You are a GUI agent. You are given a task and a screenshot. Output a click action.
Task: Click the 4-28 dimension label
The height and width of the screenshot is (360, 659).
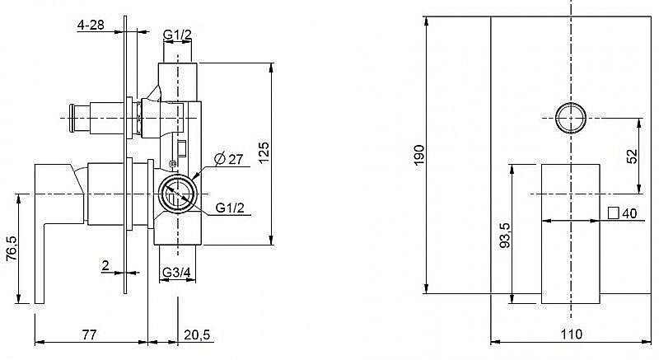pos(91,25)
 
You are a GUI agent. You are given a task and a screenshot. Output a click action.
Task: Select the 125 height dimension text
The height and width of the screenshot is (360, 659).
pos(264,153)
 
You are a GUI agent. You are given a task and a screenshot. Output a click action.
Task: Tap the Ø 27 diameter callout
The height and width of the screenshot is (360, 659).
pos(229,159)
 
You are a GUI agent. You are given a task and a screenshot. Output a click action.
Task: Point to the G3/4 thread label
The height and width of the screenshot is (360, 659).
pos(176,273)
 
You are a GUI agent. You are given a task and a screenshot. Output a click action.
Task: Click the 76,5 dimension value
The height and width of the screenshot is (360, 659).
pos(12,248)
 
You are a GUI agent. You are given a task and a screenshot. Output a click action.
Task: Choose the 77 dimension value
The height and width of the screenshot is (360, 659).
pos(89,334)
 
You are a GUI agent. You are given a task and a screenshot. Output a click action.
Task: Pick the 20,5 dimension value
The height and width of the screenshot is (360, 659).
pos(197,334)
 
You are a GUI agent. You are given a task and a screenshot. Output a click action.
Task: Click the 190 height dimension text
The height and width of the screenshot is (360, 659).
pos(419,155)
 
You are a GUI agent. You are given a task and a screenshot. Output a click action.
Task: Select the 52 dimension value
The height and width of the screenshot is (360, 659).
pos(632,156)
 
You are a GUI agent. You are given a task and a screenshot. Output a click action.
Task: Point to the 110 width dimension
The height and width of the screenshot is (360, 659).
pos(572,334)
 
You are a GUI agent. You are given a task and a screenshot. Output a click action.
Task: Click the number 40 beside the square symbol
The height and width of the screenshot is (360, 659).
pos(629,213)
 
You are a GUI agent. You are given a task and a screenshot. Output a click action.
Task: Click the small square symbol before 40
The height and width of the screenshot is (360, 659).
pos(613,213)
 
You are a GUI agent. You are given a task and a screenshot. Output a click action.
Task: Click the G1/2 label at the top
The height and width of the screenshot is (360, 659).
pos(177,35)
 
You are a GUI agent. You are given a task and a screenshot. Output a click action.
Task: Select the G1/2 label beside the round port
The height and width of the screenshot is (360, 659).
pos(230,208)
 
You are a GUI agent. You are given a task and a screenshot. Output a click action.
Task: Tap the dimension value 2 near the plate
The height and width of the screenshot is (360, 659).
pos(105,265)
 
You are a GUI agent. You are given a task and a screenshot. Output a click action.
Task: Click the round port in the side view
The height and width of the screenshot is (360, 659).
pos(177,194)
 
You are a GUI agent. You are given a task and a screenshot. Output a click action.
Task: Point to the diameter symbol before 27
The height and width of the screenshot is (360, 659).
pos(220,159)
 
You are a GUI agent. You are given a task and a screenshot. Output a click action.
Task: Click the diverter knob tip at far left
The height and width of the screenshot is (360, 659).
pos(72,118)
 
